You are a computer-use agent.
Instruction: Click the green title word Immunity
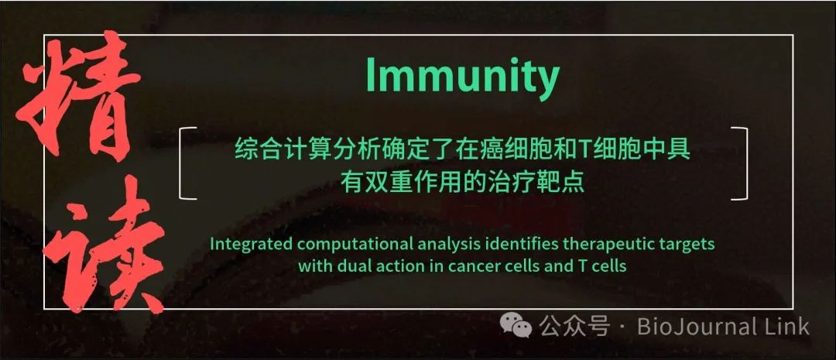point(462,77)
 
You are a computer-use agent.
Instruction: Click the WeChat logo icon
point(516,325)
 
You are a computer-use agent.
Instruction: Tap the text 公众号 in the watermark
point(574,326)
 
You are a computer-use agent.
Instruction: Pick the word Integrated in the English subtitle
point(251,245)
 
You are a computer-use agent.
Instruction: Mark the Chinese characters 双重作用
point(407,183)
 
